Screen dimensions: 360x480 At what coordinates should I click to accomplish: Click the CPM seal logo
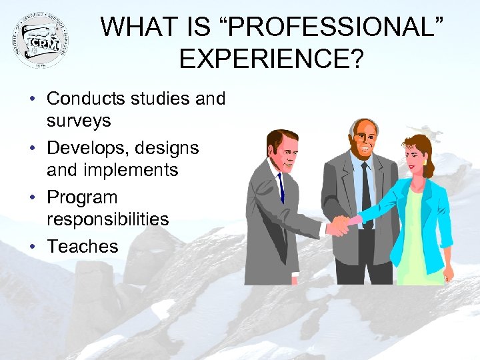tap(41, 40)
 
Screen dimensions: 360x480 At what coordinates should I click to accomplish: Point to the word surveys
tap(79, 121)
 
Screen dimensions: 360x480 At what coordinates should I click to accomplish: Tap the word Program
tap(82, 197)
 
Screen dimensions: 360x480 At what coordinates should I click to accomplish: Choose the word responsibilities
tap(107, 219)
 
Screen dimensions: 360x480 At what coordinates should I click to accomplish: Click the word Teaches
tap(82, 246)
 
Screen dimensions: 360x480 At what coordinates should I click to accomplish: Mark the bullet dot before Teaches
tap(32, 247)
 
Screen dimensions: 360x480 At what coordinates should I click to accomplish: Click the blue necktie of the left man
tap(281, 186)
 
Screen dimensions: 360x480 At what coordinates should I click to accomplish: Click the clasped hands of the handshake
tap(342, 225)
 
